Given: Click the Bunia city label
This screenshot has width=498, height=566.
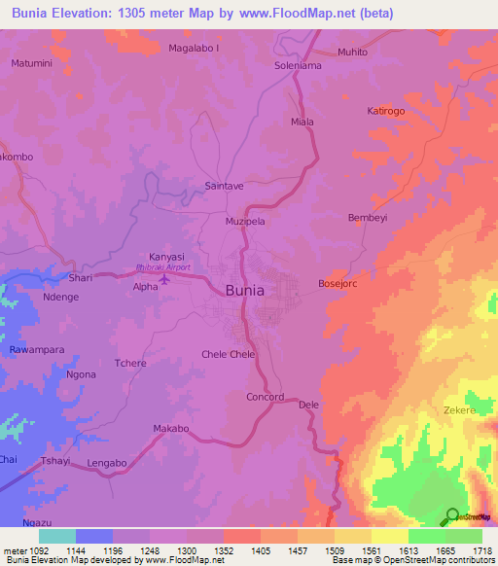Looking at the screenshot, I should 244,289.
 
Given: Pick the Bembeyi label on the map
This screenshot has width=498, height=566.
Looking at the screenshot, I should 368,218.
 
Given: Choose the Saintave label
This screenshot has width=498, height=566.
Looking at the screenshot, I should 224,184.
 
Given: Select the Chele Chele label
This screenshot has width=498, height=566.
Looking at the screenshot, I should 228,354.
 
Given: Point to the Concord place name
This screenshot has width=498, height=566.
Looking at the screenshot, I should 265,397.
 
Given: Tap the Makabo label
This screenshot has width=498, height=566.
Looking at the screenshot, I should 170,428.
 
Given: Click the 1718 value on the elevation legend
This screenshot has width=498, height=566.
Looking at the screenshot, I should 482,549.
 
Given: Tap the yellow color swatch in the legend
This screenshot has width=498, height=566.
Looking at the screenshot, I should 389,536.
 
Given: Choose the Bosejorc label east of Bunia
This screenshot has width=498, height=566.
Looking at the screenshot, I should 338,284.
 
